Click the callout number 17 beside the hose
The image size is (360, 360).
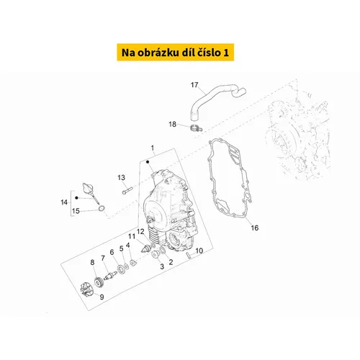coord(194,85)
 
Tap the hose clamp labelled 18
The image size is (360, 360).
coord(196,128)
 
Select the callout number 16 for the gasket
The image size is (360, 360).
coord(255,228)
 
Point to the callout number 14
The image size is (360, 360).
coord(64,202)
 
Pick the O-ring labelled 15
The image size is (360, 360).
coord(102,208)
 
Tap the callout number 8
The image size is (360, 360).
coord(92,262)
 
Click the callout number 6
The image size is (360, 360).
coord(112,252)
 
